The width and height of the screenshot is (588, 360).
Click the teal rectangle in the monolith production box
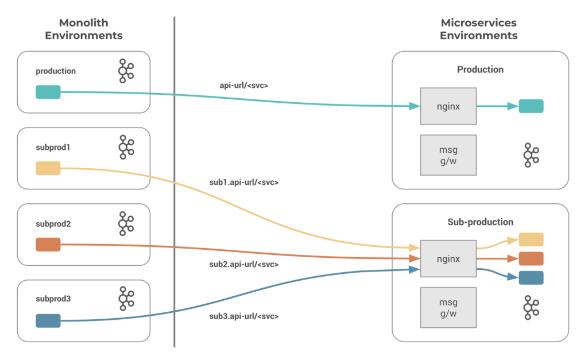click(48, 92)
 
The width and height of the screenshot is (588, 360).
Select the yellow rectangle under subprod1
click(48, 168)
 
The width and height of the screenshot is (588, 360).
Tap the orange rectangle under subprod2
click(48, 245)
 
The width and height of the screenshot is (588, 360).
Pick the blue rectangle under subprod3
click(48, 321)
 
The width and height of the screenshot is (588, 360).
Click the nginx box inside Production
click(448, 106)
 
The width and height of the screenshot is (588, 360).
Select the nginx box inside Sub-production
click(448, 259)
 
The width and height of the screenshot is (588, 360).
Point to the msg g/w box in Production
click(448, 155)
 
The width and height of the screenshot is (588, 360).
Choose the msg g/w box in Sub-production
click(448, 308)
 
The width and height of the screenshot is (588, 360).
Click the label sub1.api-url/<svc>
click(244, 183)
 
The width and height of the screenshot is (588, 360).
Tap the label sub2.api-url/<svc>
click(244, 265)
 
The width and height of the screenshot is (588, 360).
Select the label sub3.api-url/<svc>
click(244, 316)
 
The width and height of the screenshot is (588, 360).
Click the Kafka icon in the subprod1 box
click(125, 147)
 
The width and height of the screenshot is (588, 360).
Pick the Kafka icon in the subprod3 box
click(125, 299)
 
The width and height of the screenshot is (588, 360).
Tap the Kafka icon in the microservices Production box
click(531, 155)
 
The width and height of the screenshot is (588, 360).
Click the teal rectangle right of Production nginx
click(531, 106)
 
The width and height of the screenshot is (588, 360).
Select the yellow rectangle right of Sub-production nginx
click(531, 240)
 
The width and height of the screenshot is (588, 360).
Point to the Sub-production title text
click(480, 222)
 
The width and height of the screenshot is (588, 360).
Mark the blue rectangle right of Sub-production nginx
click(531, 278)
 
